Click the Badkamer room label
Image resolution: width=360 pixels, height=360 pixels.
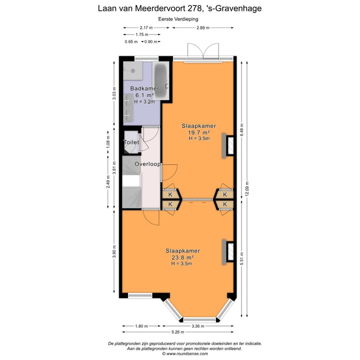[144, 88]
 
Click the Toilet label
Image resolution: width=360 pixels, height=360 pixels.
[131, 142]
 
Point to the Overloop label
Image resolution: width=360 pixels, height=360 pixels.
[147, 164]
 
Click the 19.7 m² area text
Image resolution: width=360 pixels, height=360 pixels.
[198, 132]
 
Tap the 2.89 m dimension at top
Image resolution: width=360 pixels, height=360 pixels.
[203, 27]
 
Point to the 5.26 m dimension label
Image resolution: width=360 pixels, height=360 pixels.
[178, 332]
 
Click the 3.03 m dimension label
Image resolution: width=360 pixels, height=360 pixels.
[114, 94]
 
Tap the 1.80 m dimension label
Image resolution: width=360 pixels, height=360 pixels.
[141, 326]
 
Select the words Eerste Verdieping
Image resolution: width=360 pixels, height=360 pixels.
[179, 18]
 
